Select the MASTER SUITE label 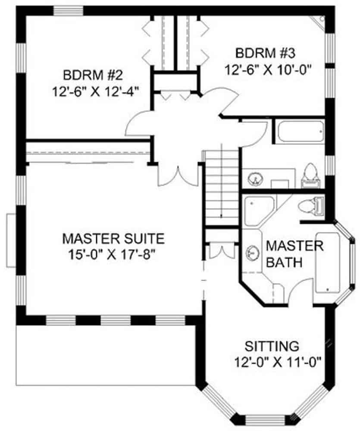tap(113, 238)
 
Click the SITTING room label tap(272, 346)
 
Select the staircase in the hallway tap(222, 187)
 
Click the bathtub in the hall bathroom tap(300, 131)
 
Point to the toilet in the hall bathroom tap(311, 175)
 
